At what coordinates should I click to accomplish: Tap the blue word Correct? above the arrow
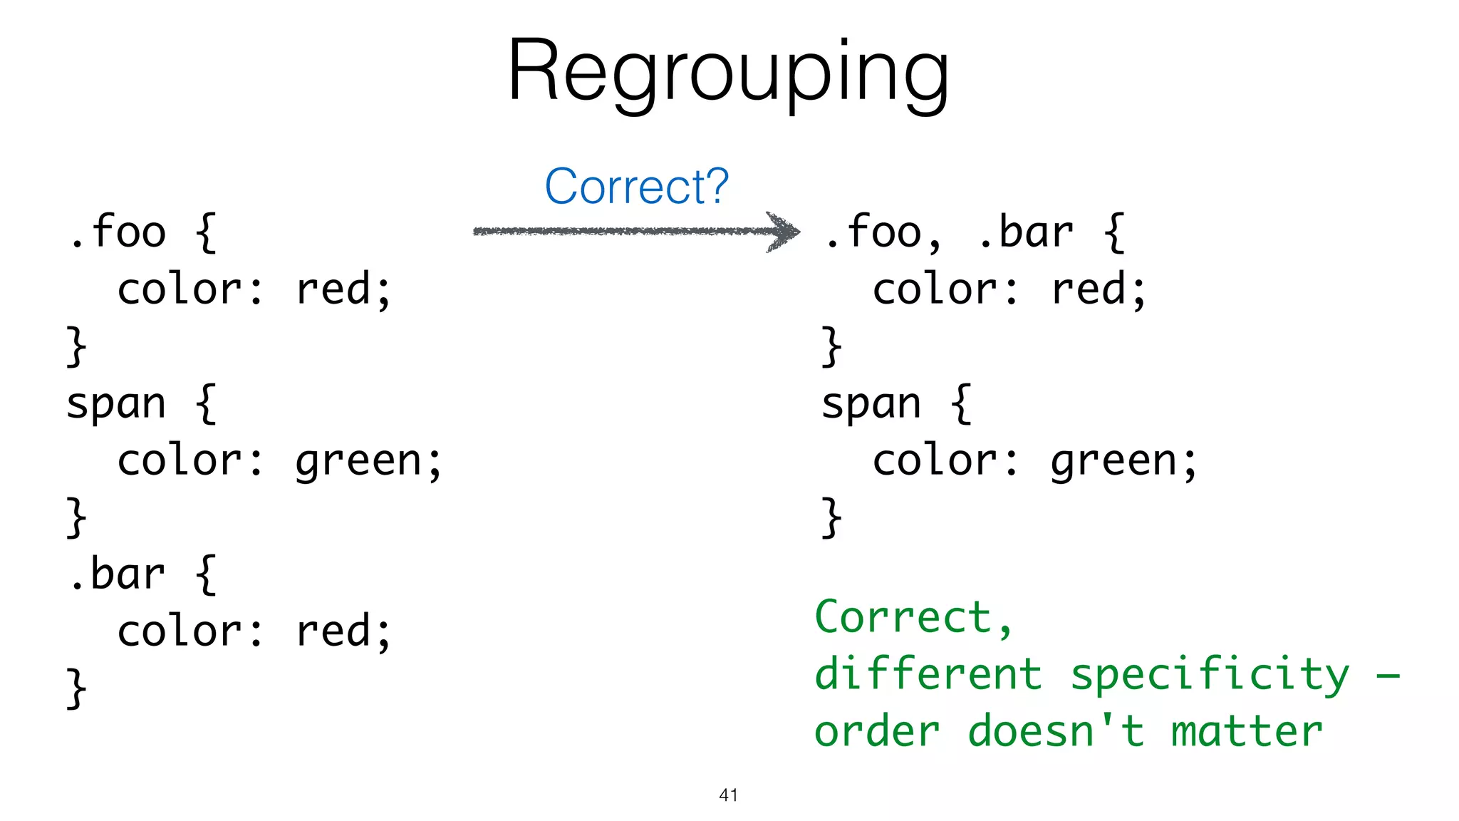(636, 186)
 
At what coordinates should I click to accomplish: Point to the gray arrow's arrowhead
(784, 231)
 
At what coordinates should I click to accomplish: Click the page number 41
(728, 795)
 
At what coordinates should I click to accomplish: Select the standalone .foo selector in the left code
(118, 232)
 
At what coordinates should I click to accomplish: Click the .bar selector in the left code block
(118, 574)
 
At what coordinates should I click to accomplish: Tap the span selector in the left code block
(116, 404)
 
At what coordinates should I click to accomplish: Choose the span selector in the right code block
(871, 404)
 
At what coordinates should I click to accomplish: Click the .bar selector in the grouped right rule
(1026, 232)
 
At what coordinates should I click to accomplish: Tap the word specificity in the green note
(1210, 675)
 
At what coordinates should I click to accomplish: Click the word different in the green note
(928, 675)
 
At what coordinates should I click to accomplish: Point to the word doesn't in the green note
(1056, 732)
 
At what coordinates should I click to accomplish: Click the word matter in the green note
(1247, 732)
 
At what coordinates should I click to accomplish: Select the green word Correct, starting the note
(905, 617)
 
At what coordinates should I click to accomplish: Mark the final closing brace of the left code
(76, 688)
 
